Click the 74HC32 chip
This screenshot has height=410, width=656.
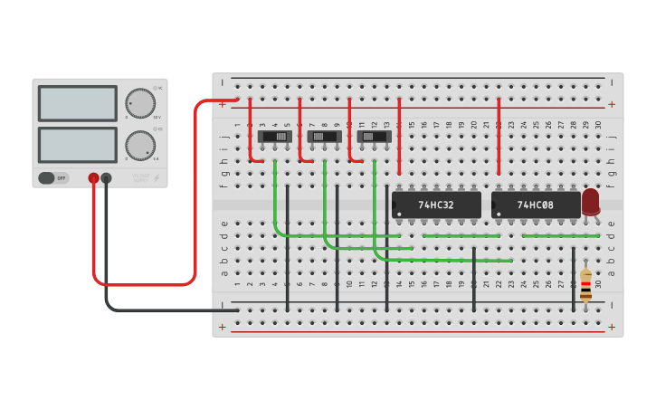click(436, 205)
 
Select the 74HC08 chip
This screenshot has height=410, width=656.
click(536, 205)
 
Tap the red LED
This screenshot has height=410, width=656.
click(591, 201)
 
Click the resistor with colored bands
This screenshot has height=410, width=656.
click(585, 284)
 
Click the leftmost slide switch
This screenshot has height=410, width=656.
click(275, 137)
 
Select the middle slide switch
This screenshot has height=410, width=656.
click(325, 137)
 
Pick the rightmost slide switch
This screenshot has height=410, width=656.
click(375, 137)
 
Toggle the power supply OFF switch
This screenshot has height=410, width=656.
click(53, 178)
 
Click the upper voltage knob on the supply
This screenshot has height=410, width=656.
click(139, 103)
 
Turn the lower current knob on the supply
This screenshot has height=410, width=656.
click(139, 145)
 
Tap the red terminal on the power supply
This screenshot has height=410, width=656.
click(93, 179)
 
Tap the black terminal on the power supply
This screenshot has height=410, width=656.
click(107, 179)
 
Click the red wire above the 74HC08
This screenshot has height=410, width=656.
click(499, 136)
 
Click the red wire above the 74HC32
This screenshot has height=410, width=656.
click(399, 136)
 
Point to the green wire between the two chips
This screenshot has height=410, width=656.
click(461, 235)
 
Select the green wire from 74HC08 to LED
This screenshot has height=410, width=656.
click(561, 235)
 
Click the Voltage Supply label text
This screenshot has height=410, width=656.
click(141, 177)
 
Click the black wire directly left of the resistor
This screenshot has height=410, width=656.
click(573, 276)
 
